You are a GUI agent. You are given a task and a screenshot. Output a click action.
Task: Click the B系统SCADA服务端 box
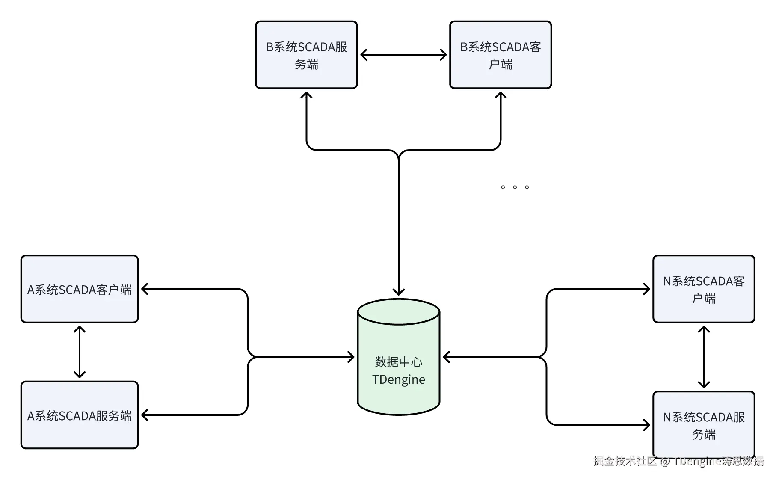coord(306,55)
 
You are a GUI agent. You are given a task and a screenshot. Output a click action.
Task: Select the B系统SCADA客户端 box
coord(501,55)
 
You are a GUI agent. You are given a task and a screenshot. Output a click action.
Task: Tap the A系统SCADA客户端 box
coord(80,289)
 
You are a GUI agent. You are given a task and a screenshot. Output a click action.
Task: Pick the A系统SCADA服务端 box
coord(80,415)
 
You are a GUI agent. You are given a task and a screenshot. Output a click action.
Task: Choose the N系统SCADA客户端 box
coord(704,289)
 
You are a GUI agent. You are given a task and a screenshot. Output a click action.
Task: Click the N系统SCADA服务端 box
coord(704,425)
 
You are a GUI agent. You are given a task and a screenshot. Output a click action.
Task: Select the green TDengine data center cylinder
coord(399,357)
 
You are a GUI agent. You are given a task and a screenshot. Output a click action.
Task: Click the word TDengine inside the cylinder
coord(399,379)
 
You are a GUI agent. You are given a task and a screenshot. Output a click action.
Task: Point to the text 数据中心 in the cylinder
coord(399,362)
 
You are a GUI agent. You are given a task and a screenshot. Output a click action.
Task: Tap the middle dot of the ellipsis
coord(515,187)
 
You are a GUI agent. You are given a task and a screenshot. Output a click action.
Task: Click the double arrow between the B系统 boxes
coord(403,55)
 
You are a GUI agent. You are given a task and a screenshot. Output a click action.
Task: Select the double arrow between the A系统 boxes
coord(80,352)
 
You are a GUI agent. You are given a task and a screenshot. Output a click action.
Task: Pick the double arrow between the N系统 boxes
coord(704,357)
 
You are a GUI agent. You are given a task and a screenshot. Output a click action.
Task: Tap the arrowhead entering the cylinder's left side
coord(351,357)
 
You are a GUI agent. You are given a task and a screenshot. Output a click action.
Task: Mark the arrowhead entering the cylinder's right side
coord(447,357)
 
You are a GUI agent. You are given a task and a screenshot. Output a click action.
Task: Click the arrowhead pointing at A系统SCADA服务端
coord(145,415)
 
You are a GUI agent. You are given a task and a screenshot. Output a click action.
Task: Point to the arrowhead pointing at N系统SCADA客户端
coord(646,289)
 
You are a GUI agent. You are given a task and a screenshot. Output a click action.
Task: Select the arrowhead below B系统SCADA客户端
coord(501,95)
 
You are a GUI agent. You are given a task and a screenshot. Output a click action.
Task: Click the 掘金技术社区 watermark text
coord(625,461)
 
